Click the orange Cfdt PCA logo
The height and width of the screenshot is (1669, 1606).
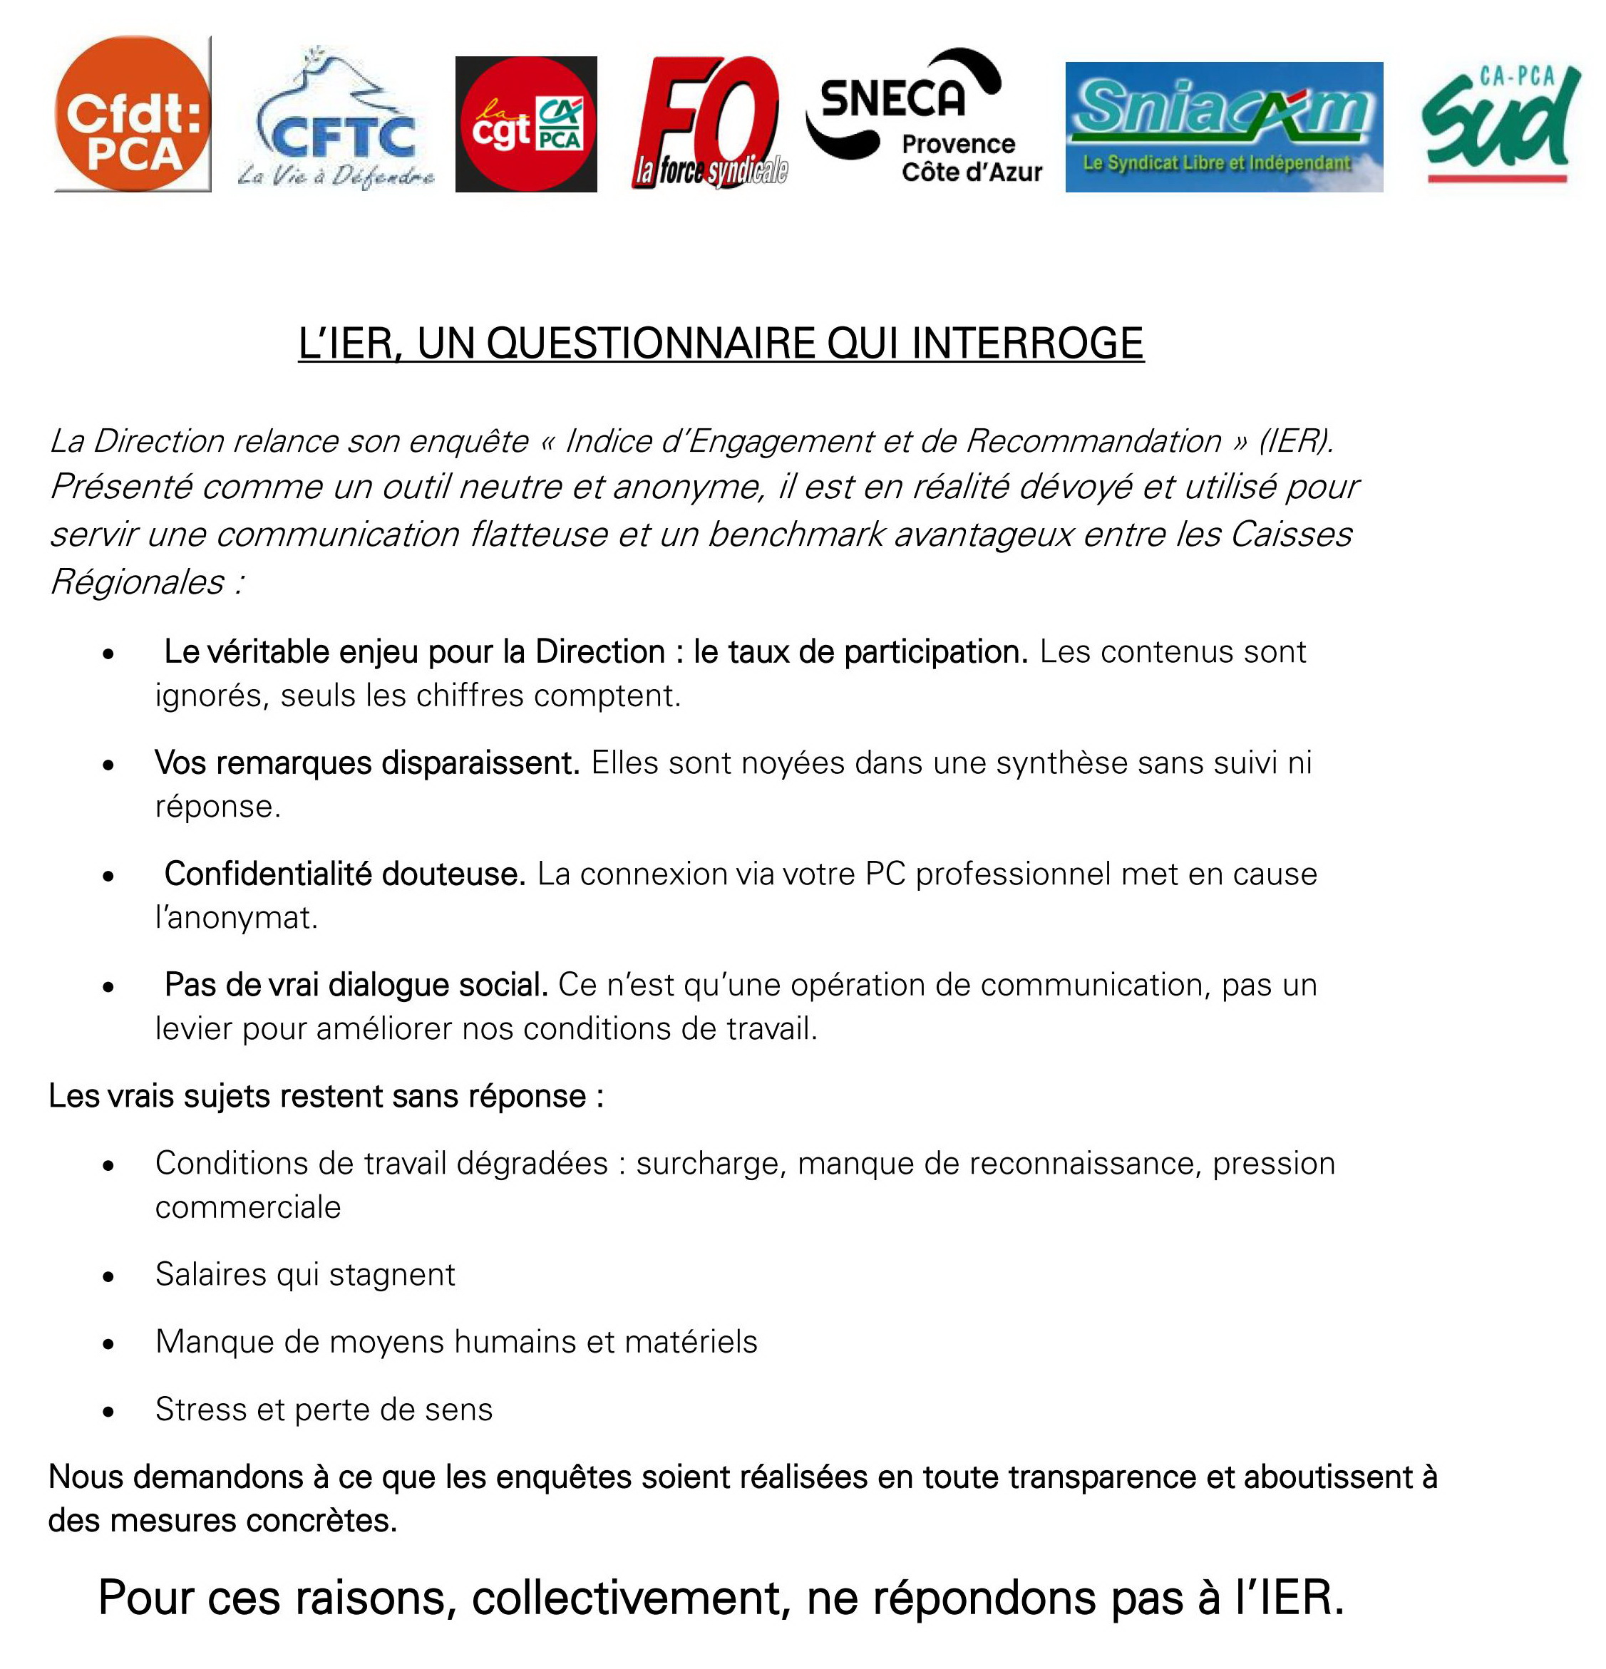pyautogui.click(x=132, y=113)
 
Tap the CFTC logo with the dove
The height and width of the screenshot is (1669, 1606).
pyautogui.click(x=336, y=119)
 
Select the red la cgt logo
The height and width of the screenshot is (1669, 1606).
pyautogui.click(x=525, y=124)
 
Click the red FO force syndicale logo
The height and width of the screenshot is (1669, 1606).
pyautogui.click(x=709, y=121)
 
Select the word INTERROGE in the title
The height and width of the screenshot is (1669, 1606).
pyautogui.click(x=1028, y=343)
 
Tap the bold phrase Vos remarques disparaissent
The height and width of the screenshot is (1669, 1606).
pyautogui.click(x=366, y=763)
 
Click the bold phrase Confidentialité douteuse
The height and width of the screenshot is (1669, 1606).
pyautogui.click(x=345, y=874)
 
